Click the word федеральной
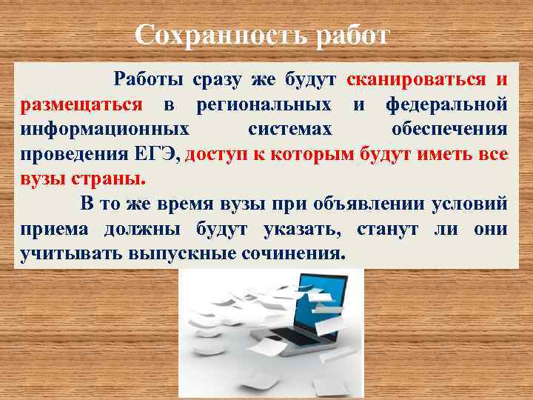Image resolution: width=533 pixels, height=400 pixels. (x=446, y=104)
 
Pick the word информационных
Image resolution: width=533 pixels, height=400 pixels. (x=104, y=130)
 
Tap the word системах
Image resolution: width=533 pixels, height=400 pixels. (x=289, y=130)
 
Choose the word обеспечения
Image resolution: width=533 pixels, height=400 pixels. (x=449, y=130)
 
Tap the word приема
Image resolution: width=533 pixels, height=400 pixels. (x=54, y=229)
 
